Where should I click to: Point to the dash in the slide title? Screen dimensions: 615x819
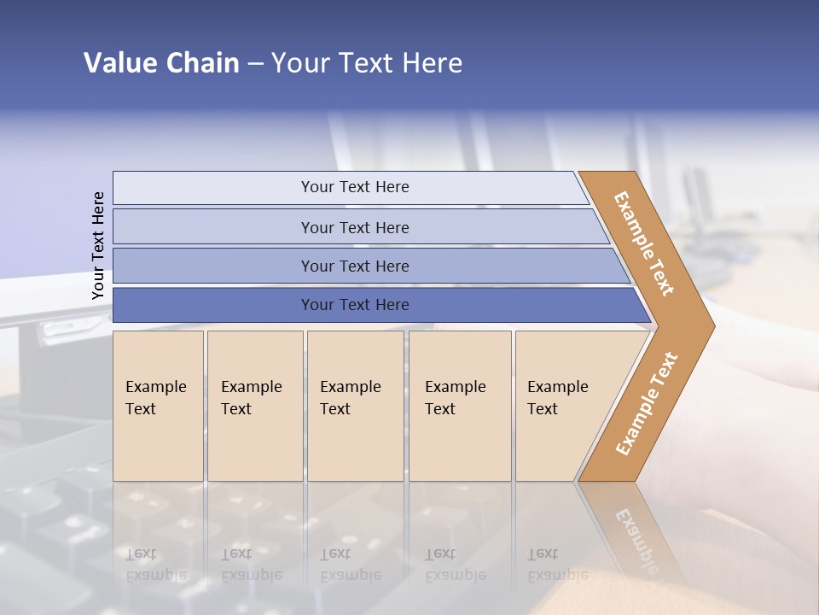coord(255,64)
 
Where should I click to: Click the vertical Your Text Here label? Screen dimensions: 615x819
coord(98,246)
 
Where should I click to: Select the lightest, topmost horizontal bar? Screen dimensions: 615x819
coord(355,187)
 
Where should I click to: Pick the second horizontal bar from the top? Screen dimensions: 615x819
coord(355,227)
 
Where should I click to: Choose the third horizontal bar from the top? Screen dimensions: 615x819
coord(355,266)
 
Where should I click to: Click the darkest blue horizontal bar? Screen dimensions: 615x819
coord(355,305)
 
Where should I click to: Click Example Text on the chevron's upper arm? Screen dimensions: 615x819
coord(644,243)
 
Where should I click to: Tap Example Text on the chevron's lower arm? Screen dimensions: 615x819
coord(646,404)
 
